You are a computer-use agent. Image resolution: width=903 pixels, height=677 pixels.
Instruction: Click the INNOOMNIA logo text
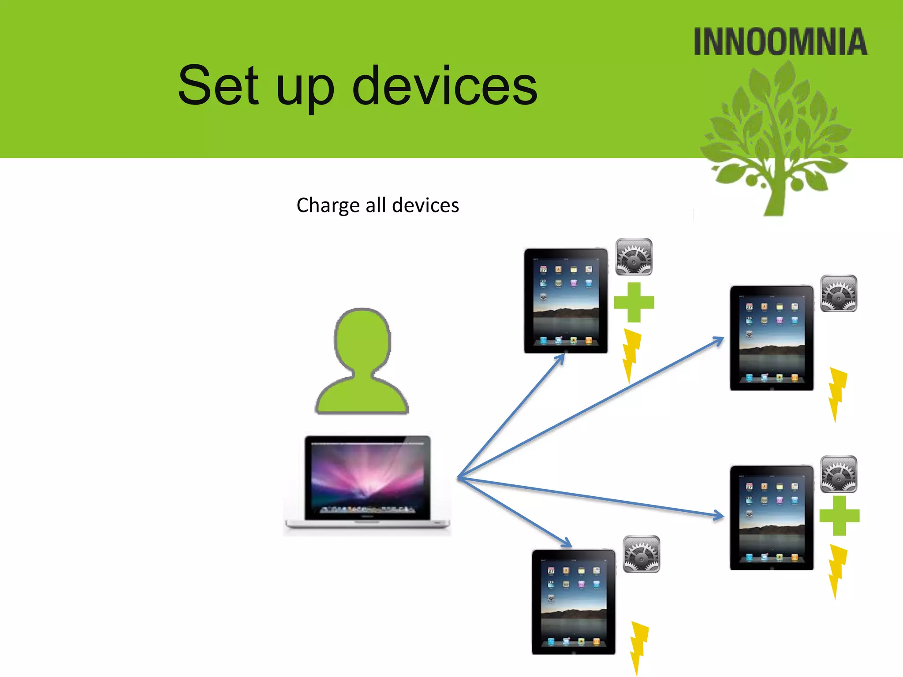pyautogui.click(x=780, y=42)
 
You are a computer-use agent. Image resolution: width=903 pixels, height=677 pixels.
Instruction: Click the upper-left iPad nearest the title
pyautogui.click(x=566, y=301)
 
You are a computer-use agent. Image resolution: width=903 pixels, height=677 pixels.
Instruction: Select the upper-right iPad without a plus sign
pyautogui.click(x=772, y=338)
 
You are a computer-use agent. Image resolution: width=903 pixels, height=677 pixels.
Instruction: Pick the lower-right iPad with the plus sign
pyautogui.click(x=772, y=517)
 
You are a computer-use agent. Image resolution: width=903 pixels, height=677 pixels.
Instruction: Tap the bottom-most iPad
pyautogui.click(x=573, y=602)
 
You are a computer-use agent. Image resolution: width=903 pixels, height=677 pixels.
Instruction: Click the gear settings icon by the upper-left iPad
pyautogui.click(x=634, y=257)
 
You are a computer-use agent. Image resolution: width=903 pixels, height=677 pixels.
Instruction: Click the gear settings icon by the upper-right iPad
pyautogui.click(x=838, y=294)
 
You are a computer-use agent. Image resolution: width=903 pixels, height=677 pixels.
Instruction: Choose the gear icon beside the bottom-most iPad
pyautogui.click(x=641, y=554)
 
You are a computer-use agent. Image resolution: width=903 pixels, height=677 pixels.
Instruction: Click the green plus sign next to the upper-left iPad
pyautogui.click(x=634, y=302)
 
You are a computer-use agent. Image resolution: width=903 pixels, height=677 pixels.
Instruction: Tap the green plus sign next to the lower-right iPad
pyautogui.click(x=839, y=516)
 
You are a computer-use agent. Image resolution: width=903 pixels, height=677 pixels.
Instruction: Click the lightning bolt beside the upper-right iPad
pyautogui.click(x=837, y=392)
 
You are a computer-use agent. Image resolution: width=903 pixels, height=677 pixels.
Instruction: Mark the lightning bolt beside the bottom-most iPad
pyautogui.click(x=638, y=646)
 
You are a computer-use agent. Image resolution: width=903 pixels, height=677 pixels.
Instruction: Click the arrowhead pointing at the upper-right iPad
pyautogui.click(x=719, y=341)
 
